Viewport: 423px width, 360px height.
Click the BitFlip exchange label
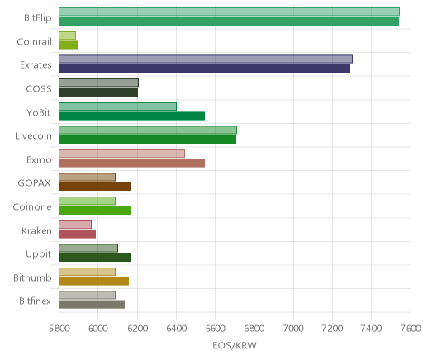click(38, 18)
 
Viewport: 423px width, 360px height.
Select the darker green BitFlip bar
click(229, 21)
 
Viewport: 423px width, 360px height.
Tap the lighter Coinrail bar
click(67, 36)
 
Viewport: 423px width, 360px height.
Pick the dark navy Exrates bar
click(204, 69)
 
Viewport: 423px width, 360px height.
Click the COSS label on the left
click(39, 89)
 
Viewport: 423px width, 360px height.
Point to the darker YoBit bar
click(131, 116)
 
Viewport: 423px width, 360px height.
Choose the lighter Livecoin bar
click(148, 130)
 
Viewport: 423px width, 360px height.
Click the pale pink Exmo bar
click(121, 154)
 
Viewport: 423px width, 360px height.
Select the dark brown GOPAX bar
click(95, 187)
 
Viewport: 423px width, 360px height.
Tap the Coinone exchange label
click(32, 207)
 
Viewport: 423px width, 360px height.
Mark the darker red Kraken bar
click(77, 234)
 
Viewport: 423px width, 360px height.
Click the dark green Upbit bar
click(95, 258)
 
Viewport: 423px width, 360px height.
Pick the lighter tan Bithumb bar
click(87, 272)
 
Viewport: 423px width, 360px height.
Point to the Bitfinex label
click(36, 301)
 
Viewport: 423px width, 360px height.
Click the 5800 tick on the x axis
click(59, 329)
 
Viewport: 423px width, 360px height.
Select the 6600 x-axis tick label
click(215, 329)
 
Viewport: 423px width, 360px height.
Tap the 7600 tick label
click(411, 329)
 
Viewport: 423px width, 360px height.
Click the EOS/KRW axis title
click(235, 345)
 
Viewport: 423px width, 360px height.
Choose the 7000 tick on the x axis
click(293, 329)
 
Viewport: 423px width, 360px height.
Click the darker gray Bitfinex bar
click(92, 305)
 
